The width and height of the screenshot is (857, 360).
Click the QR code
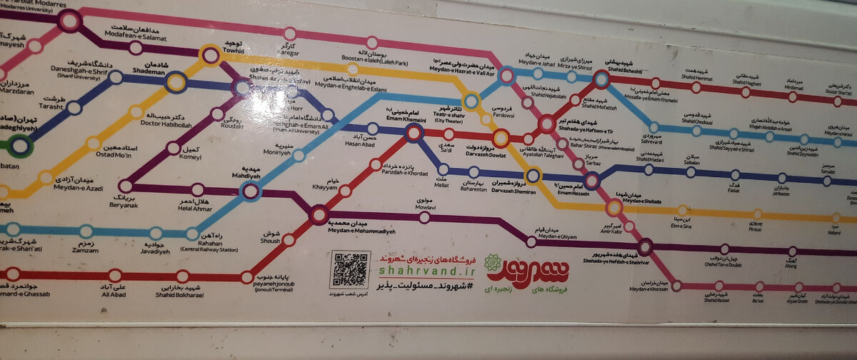(x=350, y=269)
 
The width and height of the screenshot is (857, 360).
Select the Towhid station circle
(x=210, y=55)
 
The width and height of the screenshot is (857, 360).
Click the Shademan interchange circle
(x=176, y=81)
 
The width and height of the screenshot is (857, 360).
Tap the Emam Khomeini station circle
(x=414, y=133)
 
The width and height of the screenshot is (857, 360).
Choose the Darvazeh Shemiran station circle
(x=533, y=174)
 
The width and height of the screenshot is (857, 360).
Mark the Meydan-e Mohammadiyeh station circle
(x=319, y=213)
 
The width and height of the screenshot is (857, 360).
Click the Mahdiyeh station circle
(x=250, y=190)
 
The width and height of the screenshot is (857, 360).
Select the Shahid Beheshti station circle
(x=601, y=79)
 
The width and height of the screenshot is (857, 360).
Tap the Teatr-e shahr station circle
(x=471, y=101)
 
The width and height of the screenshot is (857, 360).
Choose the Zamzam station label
(x=84, y=248)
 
